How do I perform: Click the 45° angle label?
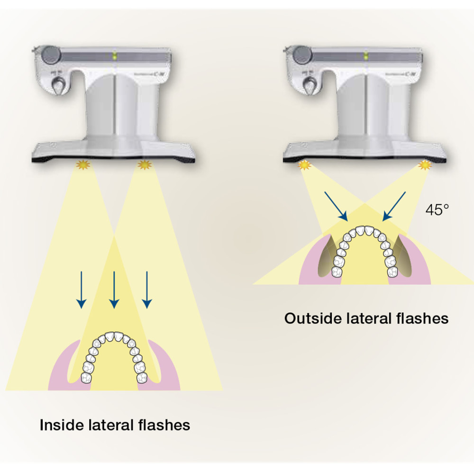(437, 210)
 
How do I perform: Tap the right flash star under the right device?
(425, 165)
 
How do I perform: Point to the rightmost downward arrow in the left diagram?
(147, 289)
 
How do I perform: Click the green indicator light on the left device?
(114, 56)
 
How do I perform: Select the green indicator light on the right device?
(365, 56)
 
